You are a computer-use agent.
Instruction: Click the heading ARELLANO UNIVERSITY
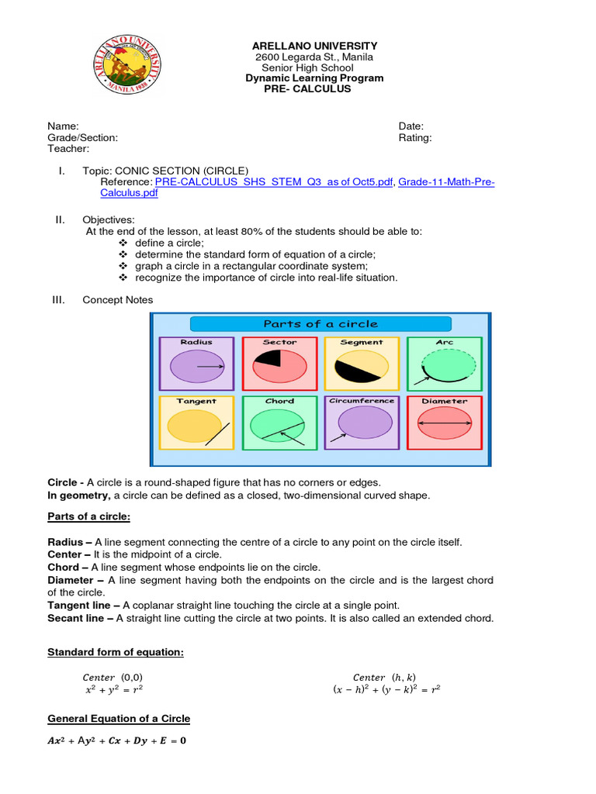pos(314,47)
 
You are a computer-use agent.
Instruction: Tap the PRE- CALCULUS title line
pos(309,89)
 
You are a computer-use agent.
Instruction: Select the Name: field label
pos(63,126)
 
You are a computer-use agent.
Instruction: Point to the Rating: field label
pos(415,138)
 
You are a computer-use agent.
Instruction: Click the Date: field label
pos(411,126)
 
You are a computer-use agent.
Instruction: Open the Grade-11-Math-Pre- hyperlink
pos(446,182)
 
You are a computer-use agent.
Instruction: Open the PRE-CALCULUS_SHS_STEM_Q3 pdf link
pos(275,182)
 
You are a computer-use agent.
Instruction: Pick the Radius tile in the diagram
pos(196,363)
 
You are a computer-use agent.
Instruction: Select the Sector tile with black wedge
pos(279,363)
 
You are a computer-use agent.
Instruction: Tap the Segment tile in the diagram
pos(361,363)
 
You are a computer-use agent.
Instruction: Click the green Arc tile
pos(445,363)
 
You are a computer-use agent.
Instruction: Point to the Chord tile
pos(279,423)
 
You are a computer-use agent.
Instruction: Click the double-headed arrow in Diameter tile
pos(445,424)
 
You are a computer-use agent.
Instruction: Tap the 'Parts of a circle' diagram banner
pos(321,324)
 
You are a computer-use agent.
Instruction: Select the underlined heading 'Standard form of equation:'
pos(116,653)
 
